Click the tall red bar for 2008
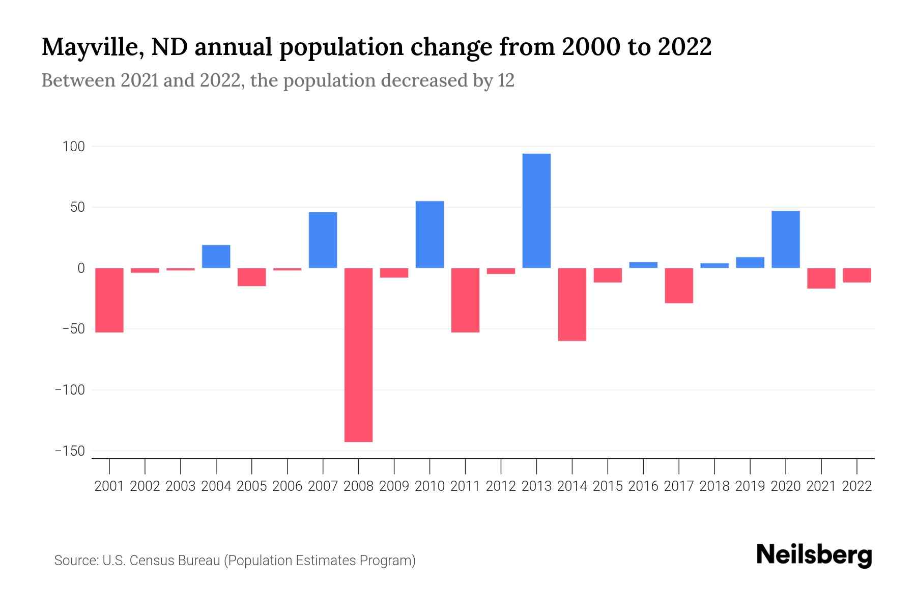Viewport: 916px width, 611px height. click(x=358, y=355)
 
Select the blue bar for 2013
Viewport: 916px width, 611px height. click(x=536, y=211)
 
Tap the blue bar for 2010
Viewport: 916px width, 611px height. click(x=430, y=235)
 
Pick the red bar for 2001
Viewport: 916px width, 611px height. click(x=109, y=300)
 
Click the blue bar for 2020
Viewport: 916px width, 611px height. click(x=785, y=239)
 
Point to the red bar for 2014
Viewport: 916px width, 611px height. click(x=572, y=304)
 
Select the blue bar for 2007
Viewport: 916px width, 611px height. click(x=323, y=240)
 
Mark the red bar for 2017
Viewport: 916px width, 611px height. click(x=678, y=286)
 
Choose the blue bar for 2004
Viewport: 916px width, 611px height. click(x=216, y=257)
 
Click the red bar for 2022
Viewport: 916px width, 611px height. click(x=856, y=275)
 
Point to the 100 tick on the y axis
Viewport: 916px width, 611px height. click(x=73, y=147)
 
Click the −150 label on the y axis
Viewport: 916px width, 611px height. click(x=70, y=451)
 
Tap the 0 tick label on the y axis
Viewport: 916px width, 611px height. click(x=81, y=268)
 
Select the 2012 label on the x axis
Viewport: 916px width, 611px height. click(x=501, y=486)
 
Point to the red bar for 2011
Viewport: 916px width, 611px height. click(x=465, y=300)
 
